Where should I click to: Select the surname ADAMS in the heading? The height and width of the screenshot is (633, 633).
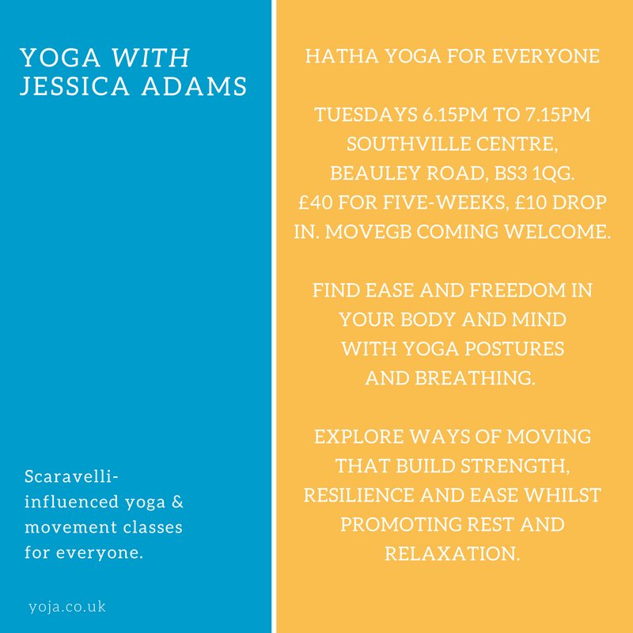click(202, 86)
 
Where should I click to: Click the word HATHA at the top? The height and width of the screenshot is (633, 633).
click(337, 58)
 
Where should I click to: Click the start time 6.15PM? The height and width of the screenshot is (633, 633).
click(449, 116)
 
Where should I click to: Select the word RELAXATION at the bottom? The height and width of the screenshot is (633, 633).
click(452, 552)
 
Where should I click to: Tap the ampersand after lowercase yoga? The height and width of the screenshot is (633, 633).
click(177, 502)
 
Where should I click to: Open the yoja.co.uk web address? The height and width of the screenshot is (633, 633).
click(66, 608)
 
